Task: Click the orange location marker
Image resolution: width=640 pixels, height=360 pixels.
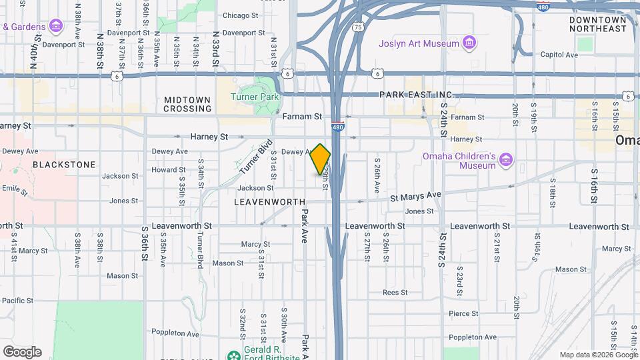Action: pos(321,159)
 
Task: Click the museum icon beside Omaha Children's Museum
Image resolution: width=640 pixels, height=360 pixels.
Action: pos(507,159)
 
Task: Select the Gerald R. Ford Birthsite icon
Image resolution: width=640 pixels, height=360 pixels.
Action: pos(234,355)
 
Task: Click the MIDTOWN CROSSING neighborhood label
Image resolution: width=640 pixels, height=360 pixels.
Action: pos(187,104)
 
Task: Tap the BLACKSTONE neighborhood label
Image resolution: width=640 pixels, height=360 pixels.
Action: pos(64,164)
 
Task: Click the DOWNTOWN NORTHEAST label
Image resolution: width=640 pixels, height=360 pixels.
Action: pos(598,25)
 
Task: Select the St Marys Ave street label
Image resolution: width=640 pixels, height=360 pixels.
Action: pos(415,195)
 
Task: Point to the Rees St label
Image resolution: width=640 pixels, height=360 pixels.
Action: pos(395,292)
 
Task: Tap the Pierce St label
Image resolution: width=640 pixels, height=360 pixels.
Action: pos(463,313)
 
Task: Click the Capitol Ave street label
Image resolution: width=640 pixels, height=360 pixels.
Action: pos(559,55)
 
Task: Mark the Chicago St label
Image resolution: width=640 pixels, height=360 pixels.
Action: pos(240,15)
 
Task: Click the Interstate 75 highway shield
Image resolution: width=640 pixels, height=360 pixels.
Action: pos(359,27)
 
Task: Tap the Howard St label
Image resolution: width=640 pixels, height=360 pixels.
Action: pos(163,170)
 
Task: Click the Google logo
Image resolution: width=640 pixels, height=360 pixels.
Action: pos(22,351)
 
